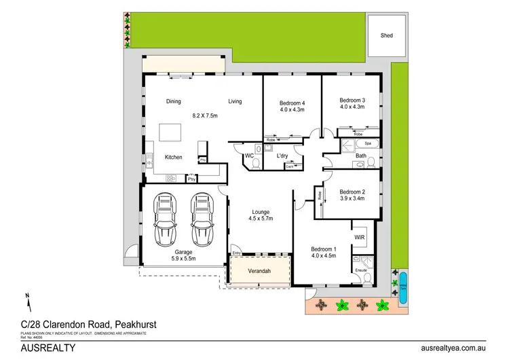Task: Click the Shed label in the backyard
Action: pos(387,35)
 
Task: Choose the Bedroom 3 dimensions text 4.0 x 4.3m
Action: pos(352,107)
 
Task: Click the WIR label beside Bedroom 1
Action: pos(360,237)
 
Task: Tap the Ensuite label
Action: pos(361,270)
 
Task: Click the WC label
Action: pos(249,156)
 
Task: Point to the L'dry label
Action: pos(283,156)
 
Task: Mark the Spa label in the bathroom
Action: pos(369,144)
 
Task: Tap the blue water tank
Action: pos(403,280)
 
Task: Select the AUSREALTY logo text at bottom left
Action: pos(38,348)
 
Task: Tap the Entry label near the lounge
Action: pos(236,253)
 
